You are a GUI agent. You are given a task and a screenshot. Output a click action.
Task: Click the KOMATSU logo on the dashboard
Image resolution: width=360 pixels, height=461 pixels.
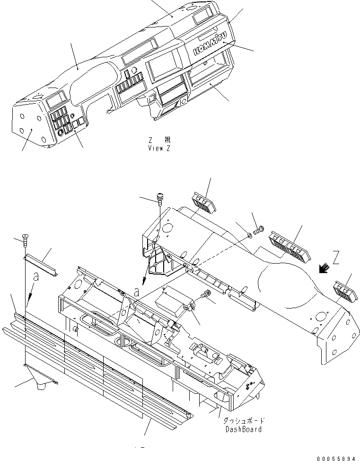tap(210, 44)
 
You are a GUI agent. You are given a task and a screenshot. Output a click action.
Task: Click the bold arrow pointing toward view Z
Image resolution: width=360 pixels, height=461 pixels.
tap(325, 269)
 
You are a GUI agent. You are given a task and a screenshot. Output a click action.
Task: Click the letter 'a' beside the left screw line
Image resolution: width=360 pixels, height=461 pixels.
tap(35, 277)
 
